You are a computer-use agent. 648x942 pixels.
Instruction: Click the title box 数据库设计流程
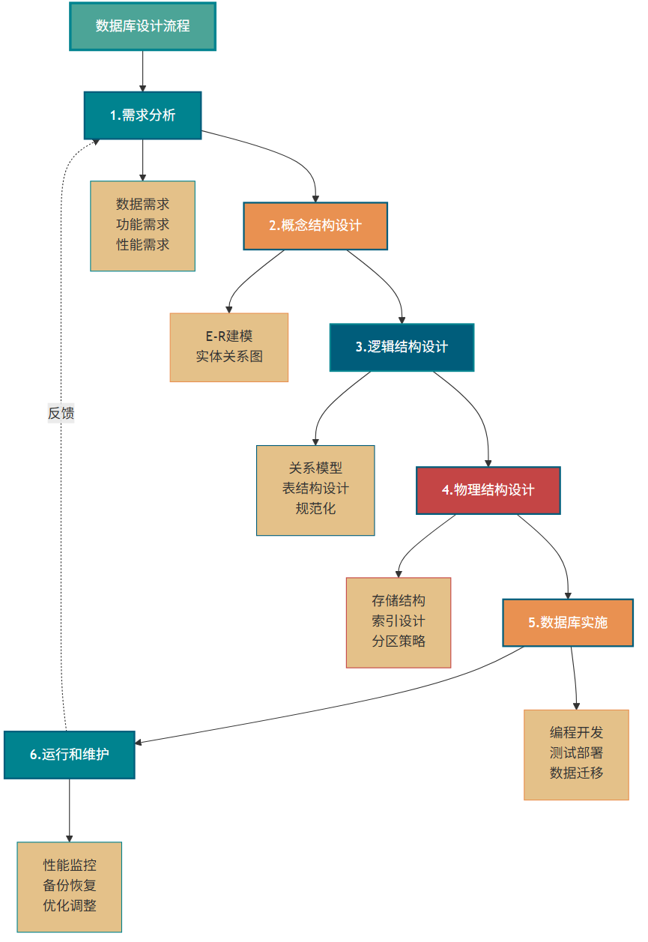pyautogui.click(x=142, y=26)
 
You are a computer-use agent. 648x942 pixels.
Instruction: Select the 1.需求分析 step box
pyautogui.click(x=142, y=115)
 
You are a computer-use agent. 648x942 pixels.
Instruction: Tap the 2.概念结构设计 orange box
pyautogui.click(x=315, y=226)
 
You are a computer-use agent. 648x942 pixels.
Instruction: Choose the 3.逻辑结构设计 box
pyautogui.click(x=402, y=347)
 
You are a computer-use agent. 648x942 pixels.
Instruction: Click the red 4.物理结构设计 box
pyautogui.click(x=488, y=490)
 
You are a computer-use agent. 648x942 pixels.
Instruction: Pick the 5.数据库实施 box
pyautogui.click(x=568, y=623)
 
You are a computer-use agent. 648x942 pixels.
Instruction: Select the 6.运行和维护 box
pyautogui.click(x=70, y=755)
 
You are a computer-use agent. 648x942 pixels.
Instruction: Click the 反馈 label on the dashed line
pyautogui.click(x=61, y=413)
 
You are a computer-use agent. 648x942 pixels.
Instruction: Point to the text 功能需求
pyautogui.click(x=142, y=224)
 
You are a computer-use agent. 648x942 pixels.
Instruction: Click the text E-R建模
pyautogui.click(x=229, y=336)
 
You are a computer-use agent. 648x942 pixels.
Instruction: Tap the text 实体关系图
pyautogui.click(x=229, y=357)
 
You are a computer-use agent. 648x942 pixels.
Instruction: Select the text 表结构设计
pyautogui.click(x=315, y=489)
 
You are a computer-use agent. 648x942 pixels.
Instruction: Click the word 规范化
pyautogui.click(x=315, y=509)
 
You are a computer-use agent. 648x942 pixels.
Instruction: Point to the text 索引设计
pyautogui.click(x=399, y=621)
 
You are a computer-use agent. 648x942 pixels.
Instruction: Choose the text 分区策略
pyautogui.click(x=399, y=641)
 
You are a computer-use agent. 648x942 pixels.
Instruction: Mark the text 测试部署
pyautogui.click(x=576, y=752)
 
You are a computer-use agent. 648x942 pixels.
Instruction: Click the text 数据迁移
pyautogui.click(x=576, y=773)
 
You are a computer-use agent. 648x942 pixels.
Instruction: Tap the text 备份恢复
pyautogui.click(x=70, y=885)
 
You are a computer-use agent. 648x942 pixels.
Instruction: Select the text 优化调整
pyautogui.click(x=70, y=905)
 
